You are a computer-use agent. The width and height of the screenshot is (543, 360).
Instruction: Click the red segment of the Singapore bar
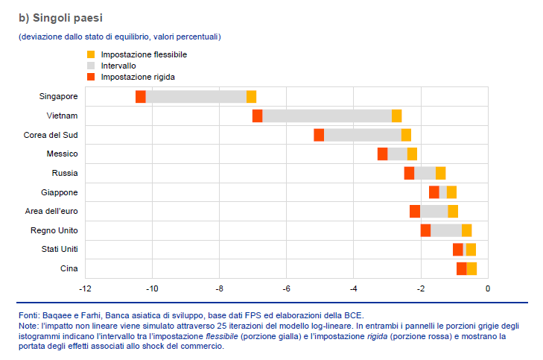tap(141, 96)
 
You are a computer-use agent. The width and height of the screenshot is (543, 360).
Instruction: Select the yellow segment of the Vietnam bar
tap(396, 116)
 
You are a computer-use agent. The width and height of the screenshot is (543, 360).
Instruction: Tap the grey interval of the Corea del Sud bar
tap(362, 135)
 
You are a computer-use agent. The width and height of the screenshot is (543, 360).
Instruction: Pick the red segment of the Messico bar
tap(382, 154)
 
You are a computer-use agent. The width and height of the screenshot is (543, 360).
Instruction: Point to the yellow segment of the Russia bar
tap(440, 173)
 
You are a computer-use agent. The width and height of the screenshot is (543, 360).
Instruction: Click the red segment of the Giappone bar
tap(434, 192)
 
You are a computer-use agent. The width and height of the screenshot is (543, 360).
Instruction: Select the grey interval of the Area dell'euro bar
tap(434, 211)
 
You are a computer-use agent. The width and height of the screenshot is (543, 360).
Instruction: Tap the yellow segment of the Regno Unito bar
tap(466, 230)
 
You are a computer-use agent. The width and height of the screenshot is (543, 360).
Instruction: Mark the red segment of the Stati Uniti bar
tap(457, 249)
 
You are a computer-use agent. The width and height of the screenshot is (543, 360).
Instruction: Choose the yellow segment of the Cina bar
tap(471, 268)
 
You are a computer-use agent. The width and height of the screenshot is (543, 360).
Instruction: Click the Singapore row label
tap(58, 96)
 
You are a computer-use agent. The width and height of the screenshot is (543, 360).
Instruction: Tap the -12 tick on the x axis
tap(85, 288)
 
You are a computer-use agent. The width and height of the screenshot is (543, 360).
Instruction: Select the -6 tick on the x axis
tap(286, 288)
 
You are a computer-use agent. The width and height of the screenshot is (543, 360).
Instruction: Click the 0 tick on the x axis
tap(488, 288)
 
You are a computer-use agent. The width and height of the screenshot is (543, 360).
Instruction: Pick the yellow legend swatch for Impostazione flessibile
tap(91, 54)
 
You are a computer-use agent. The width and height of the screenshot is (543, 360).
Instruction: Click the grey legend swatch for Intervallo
tap(91, 66)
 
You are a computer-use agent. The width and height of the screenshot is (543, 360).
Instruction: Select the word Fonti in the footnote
tap(29, 315)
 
